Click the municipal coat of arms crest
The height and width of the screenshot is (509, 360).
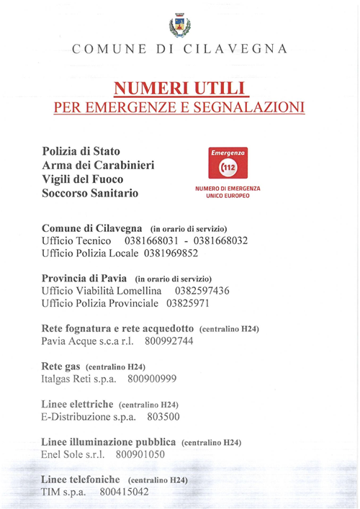[x=179, y=25]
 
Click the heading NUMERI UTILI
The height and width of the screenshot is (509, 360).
[x=179, y=88]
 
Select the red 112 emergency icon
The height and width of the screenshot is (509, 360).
[x=228, y=164]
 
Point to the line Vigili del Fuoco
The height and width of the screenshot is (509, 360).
[x=83, y=179]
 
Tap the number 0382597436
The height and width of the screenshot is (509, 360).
[x=202, y=291]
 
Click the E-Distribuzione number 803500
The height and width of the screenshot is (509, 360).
[x=163, y=416]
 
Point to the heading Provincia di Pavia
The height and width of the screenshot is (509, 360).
[x=85, y=278]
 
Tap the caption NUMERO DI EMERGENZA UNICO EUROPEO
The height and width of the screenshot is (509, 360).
[x=228, y=192]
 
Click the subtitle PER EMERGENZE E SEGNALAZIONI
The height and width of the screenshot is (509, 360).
[x=179, y=107]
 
